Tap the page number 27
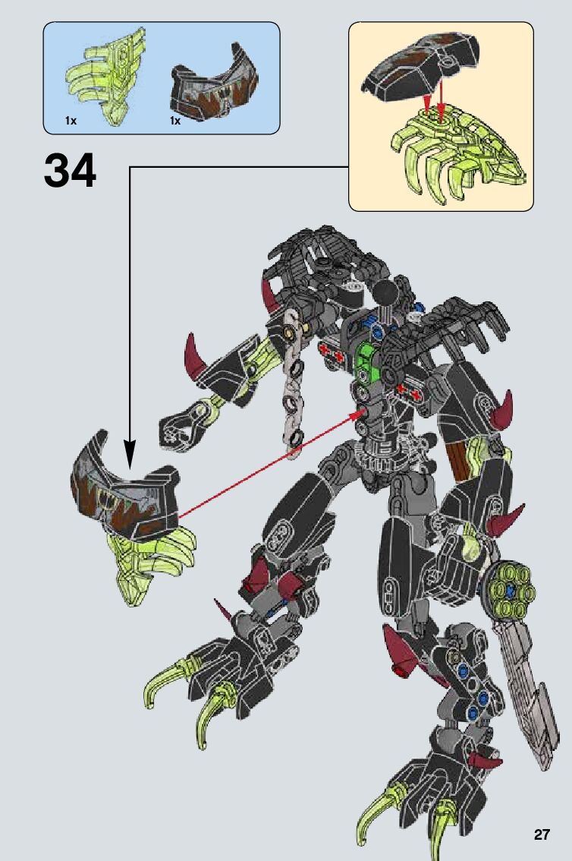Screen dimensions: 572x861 click(x=541, y=834)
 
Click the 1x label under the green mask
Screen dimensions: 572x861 click(x=71, y=121)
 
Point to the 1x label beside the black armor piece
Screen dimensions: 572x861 click(x=175, y=121)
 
